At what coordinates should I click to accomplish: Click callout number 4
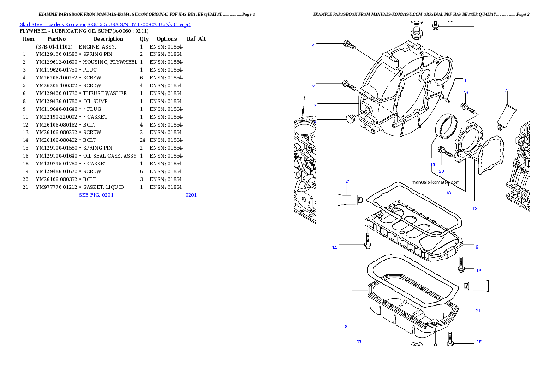(313, 45)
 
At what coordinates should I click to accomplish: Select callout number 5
(313, 85)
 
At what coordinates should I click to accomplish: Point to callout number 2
(315, 105)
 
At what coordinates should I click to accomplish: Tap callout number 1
(465, 80)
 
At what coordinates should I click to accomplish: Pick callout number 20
(441, 171)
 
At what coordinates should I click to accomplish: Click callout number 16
(448, 193)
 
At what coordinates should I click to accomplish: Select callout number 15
(474, 208)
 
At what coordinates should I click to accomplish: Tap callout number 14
(334, 248)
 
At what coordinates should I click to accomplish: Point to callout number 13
(478, 271)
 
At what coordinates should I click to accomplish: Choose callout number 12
(479, 342)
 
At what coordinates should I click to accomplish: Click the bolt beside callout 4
(349, 45)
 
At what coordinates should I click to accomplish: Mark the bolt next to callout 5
(349, 85)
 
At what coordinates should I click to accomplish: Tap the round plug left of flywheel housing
(350, 119)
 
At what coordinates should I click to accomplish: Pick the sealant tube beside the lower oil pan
(477, 286)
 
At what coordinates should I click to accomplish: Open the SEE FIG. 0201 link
(96, 195)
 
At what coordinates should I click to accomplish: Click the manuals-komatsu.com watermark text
(436, 182)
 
